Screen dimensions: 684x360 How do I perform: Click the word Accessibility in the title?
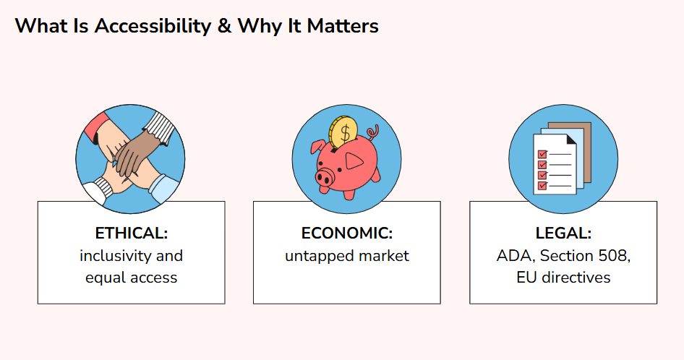[153, 26]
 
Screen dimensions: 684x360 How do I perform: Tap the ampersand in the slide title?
[224, 26]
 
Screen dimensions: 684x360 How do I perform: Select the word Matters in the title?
[343, 26]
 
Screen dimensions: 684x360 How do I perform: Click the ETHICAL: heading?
[132, 233]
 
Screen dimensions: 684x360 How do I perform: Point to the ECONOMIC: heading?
[347, 233]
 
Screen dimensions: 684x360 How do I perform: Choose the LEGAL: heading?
[563, 233]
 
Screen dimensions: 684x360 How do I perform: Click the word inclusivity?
[116, 256]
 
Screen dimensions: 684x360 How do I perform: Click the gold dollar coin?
[343, 132]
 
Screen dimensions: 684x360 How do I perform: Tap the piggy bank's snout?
[324, 178]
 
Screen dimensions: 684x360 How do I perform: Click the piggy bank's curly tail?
[373, 132]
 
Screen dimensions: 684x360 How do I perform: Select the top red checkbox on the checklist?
[542, 154]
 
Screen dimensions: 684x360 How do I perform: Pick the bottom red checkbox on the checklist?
[542, 186]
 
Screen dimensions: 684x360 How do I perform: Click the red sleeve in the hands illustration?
[96, 127]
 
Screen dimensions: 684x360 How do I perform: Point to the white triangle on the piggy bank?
[354, 161]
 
